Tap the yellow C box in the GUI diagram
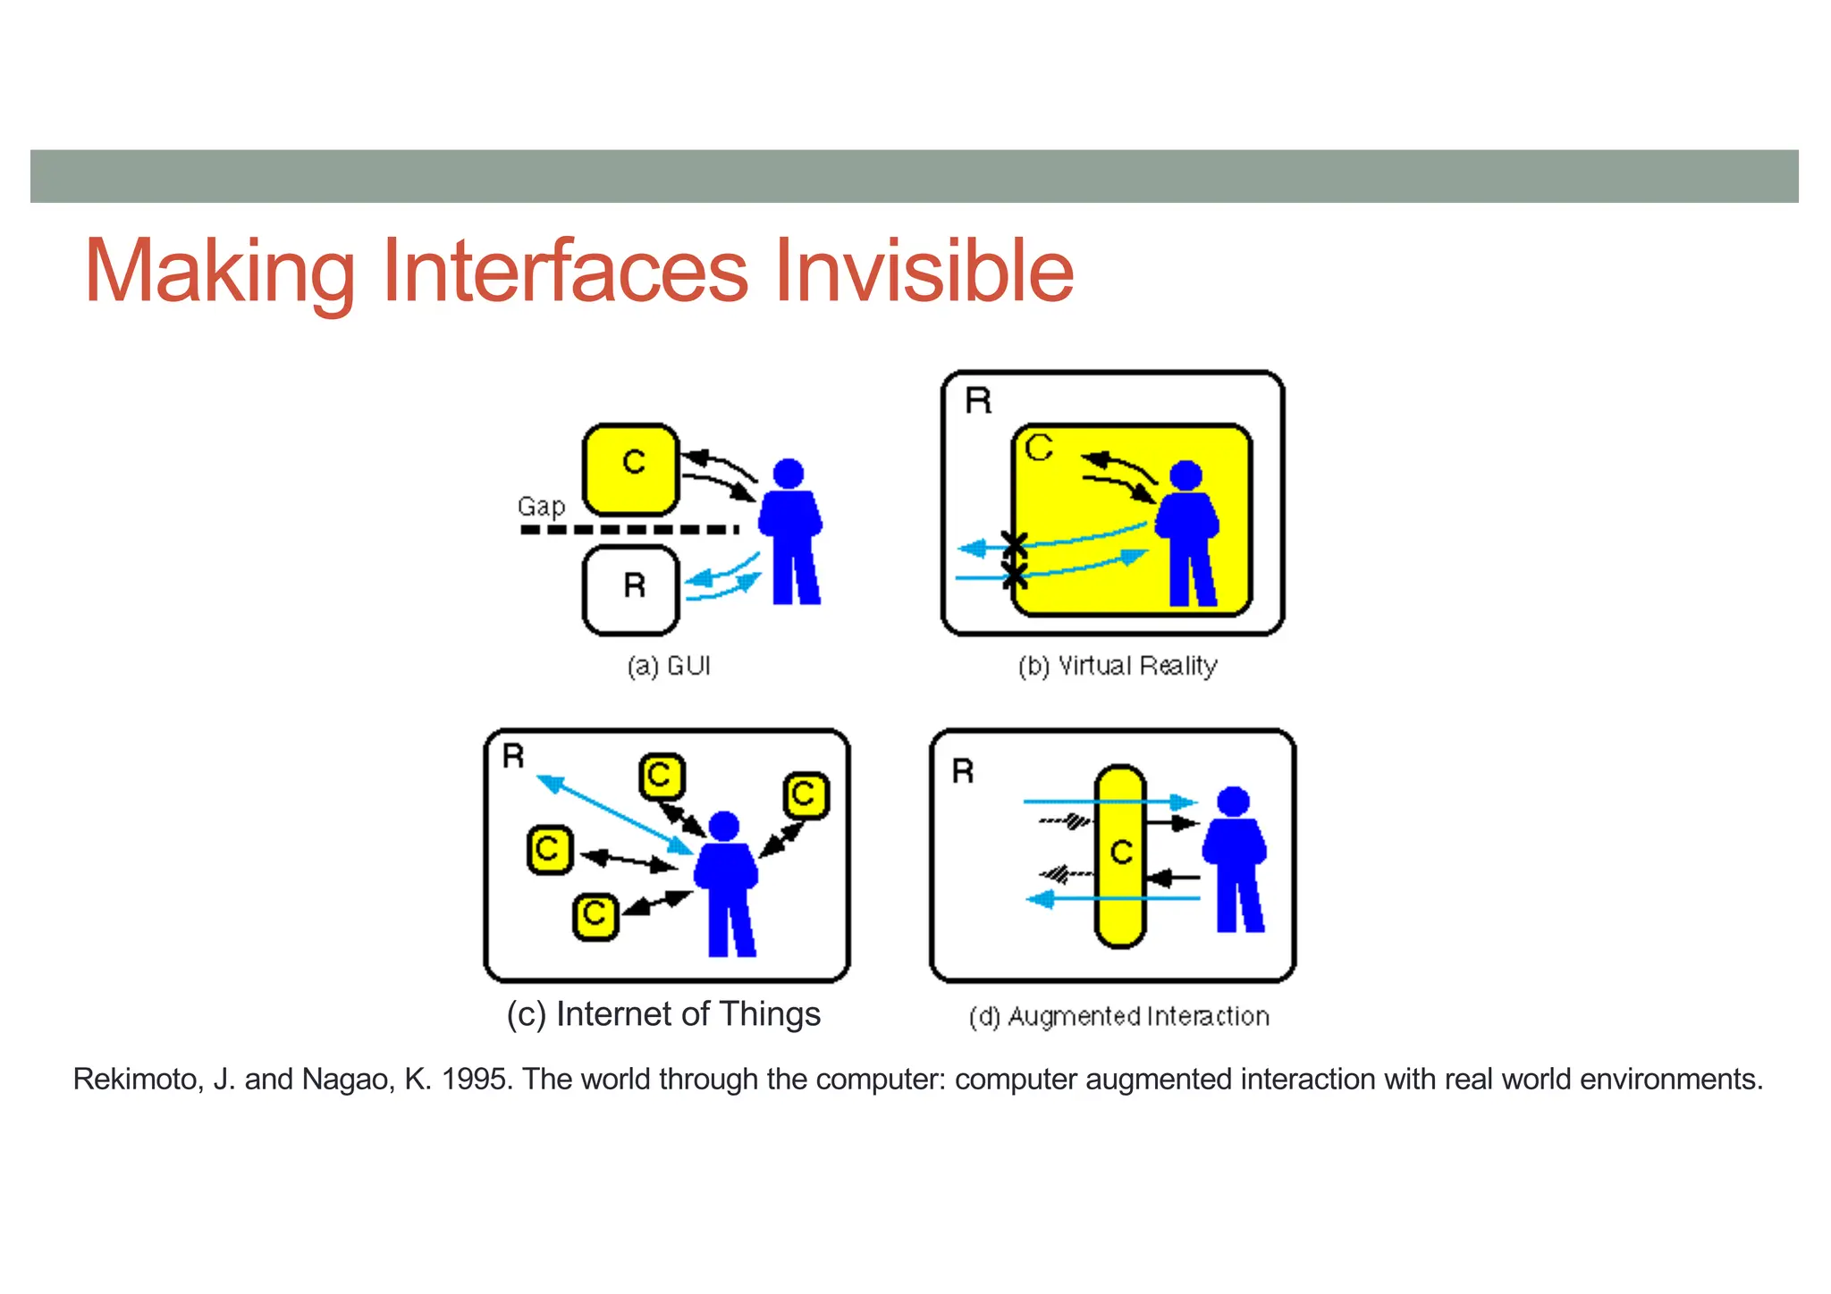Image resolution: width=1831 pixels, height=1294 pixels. [631, 469]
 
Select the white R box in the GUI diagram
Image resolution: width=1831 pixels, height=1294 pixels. [631, 590]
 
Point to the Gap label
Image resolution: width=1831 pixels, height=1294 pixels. [541, 507]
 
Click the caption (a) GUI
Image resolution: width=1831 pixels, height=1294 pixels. [669, 666]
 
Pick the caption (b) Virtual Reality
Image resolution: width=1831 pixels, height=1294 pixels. [1118, 666]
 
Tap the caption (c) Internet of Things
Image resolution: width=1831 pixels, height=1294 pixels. [663, 1014]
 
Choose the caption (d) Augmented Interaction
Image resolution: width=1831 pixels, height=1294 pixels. [1119, 1017]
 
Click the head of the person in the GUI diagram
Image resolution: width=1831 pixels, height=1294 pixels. [788, 473]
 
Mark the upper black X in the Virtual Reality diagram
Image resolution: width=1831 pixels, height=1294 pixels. [1014, 542]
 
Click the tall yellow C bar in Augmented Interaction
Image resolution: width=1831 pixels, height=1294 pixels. [1120, 855]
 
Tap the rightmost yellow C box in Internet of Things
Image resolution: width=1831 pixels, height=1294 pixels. [806, 794]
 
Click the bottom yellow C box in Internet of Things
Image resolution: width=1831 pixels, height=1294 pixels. [595, 916]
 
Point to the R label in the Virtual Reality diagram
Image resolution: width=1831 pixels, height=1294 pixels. [979, 401]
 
